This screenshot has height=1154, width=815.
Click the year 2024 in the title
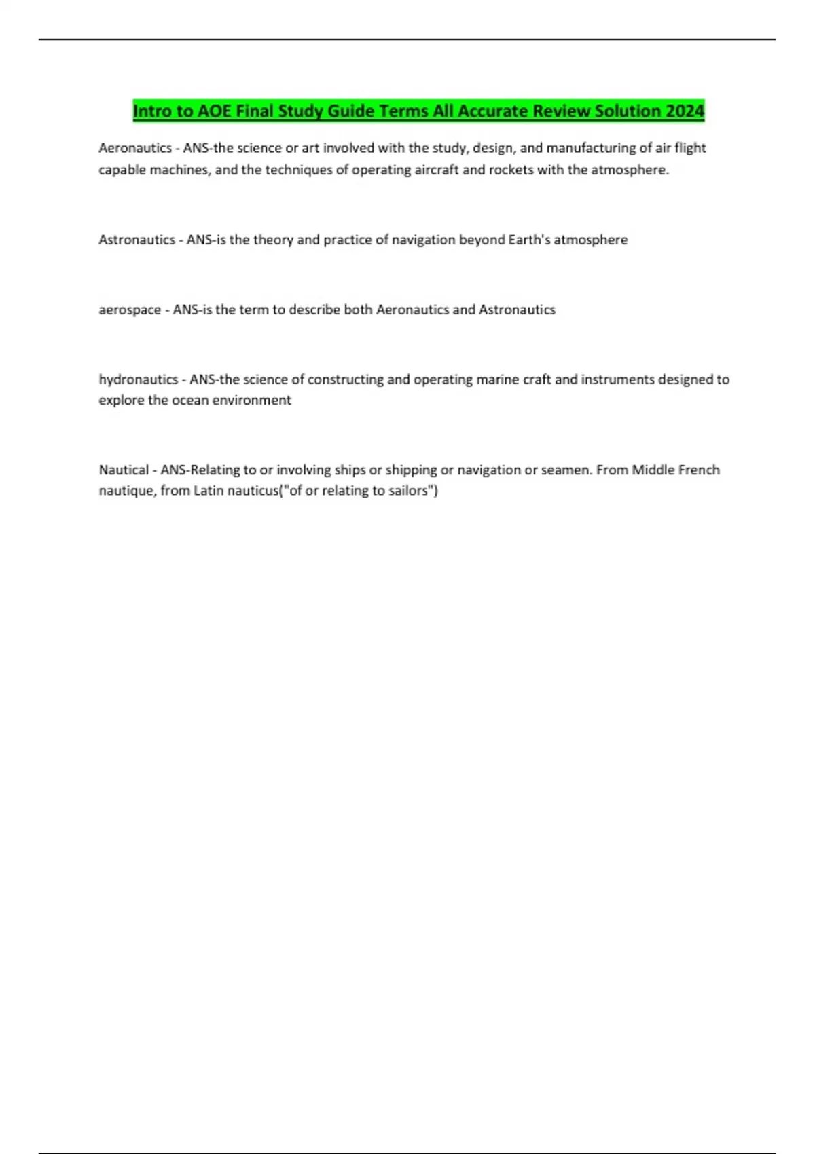pos(685,111)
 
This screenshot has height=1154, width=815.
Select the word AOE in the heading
pos(215,111)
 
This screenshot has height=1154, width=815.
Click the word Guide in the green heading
pos(351,111)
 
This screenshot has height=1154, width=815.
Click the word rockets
pos(511,170)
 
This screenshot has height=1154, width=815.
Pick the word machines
pos(179,170)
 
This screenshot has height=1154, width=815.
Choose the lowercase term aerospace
pos(130,310)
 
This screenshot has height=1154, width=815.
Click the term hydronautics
pos(138,379)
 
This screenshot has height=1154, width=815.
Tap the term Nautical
pos(124,470)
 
